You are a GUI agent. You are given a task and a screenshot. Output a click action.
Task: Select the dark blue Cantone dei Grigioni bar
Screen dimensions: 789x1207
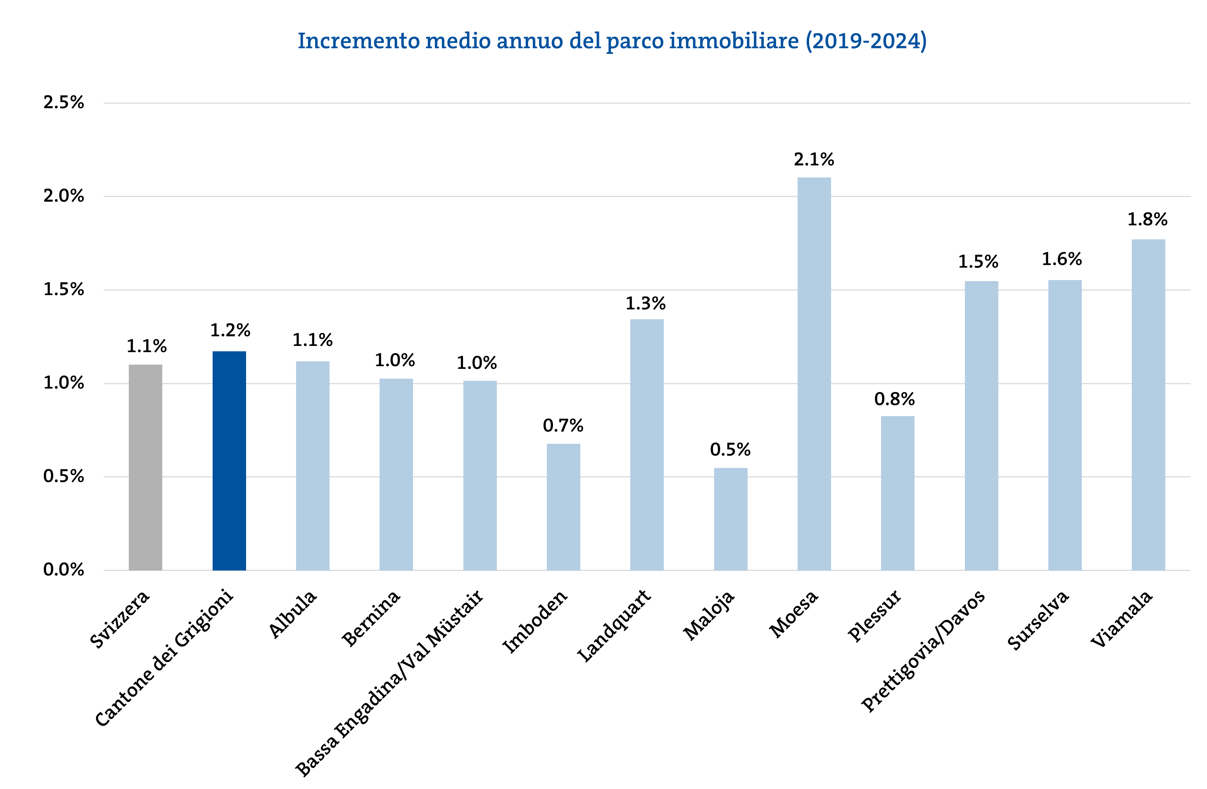tap(229, 460)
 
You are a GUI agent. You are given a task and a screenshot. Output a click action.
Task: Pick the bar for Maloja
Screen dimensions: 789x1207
tap(730, 519)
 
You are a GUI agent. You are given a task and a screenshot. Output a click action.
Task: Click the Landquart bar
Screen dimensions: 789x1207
tap(646, 445)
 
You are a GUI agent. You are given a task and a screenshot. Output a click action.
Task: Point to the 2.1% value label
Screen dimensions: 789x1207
tap(813, 160)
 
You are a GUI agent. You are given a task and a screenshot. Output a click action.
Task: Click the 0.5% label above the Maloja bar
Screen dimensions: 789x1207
tap(730, 450)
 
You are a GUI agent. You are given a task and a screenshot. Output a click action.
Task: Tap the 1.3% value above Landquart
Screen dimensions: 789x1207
tap(645, 303)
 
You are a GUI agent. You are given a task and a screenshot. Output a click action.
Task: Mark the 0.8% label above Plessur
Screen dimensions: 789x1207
tap(894, 399)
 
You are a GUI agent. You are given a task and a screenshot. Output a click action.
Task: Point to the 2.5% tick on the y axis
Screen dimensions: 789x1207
tap(63, 103)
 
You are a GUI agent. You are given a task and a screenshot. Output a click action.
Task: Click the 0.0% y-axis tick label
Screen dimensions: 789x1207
tap(63, 570)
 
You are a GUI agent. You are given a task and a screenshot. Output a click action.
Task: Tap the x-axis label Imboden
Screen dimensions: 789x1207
tap(535, 622)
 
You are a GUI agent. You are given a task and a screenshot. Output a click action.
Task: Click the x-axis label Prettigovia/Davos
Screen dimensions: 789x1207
tap(923, 650)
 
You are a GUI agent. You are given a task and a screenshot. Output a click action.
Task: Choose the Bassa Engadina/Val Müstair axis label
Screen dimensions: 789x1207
tap(389, 682)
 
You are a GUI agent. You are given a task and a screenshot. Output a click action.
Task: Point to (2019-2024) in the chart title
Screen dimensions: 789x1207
tap(866, 41)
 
